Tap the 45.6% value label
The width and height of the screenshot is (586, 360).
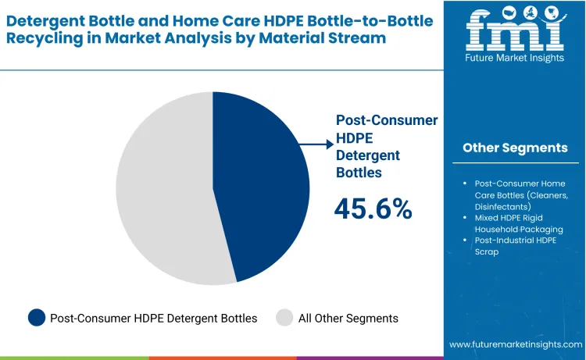373,208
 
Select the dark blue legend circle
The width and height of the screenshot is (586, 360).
37,318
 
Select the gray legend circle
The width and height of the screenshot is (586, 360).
284,318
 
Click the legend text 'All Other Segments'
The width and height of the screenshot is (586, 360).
349,318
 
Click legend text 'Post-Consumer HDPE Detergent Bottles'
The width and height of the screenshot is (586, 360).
153,318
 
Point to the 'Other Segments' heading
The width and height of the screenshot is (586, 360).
515,148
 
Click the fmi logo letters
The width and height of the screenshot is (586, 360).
515,30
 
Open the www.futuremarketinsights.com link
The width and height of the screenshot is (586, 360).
516,344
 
